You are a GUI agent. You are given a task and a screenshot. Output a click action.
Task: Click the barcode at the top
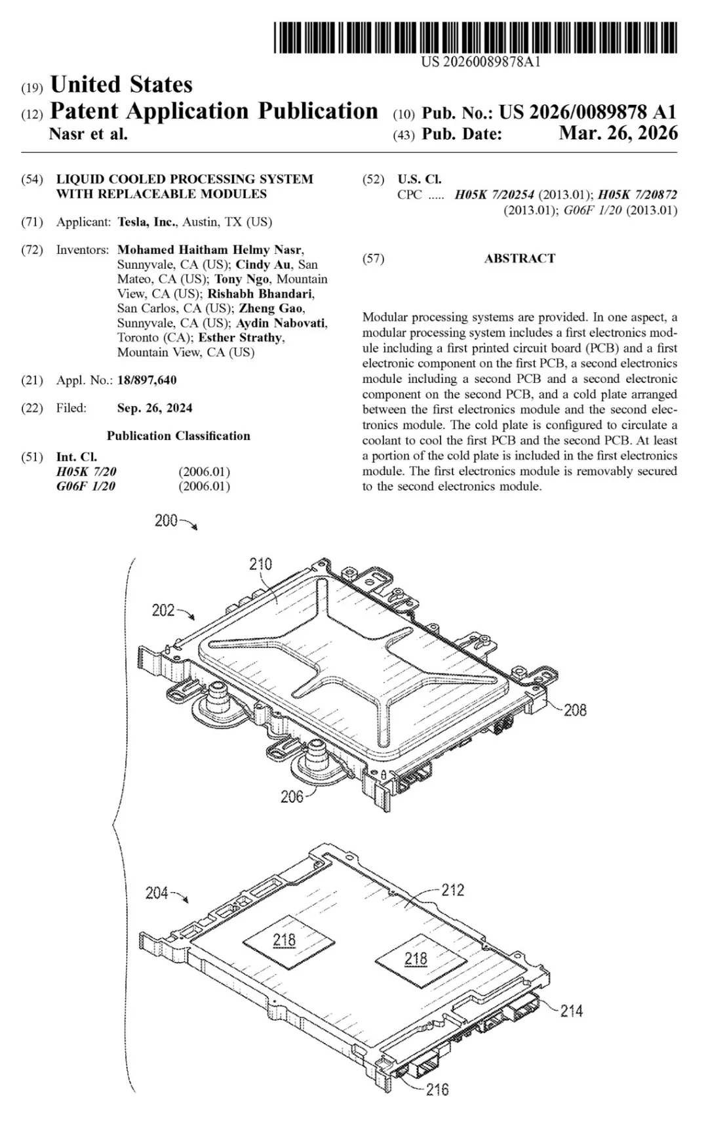tap(474, 37)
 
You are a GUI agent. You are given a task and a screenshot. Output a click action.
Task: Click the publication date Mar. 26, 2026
tap(618, 133)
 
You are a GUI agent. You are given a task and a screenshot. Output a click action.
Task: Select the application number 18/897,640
tap(146, 380)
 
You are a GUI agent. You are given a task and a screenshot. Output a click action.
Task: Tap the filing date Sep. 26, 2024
tap(155, 408)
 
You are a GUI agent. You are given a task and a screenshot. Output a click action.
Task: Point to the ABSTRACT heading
tap(519, 258)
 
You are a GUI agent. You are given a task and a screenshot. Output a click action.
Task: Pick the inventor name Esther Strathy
tap(240, 338)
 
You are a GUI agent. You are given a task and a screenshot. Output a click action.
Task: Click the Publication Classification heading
tap(178, 436)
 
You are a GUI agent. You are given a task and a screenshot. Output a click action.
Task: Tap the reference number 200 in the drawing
tap(166, 521)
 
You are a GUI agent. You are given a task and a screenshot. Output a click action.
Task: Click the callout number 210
tap(260, 564)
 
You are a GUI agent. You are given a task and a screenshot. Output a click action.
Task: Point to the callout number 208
tap(575, 710)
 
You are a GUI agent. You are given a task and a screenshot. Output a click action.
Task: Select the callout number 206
tap(292, 796)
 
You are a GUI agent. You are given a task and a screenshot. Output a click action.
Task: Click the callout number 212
tap(452, 890)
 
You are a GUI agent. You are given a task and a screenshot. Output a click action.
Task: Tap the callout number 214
tap(571, 1011)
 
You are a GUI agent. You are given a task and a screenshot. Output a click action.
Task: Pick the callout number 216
tap(437, 1089)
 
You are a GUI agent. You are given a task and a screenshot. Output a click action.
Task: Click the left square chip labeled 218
tap(284, 941)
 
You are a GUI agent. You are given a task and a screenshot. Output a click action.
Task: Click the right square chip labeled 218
tap(416, 960)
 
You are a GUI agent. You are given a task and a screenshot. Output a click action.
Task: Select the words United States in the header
tap(121, 85)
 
